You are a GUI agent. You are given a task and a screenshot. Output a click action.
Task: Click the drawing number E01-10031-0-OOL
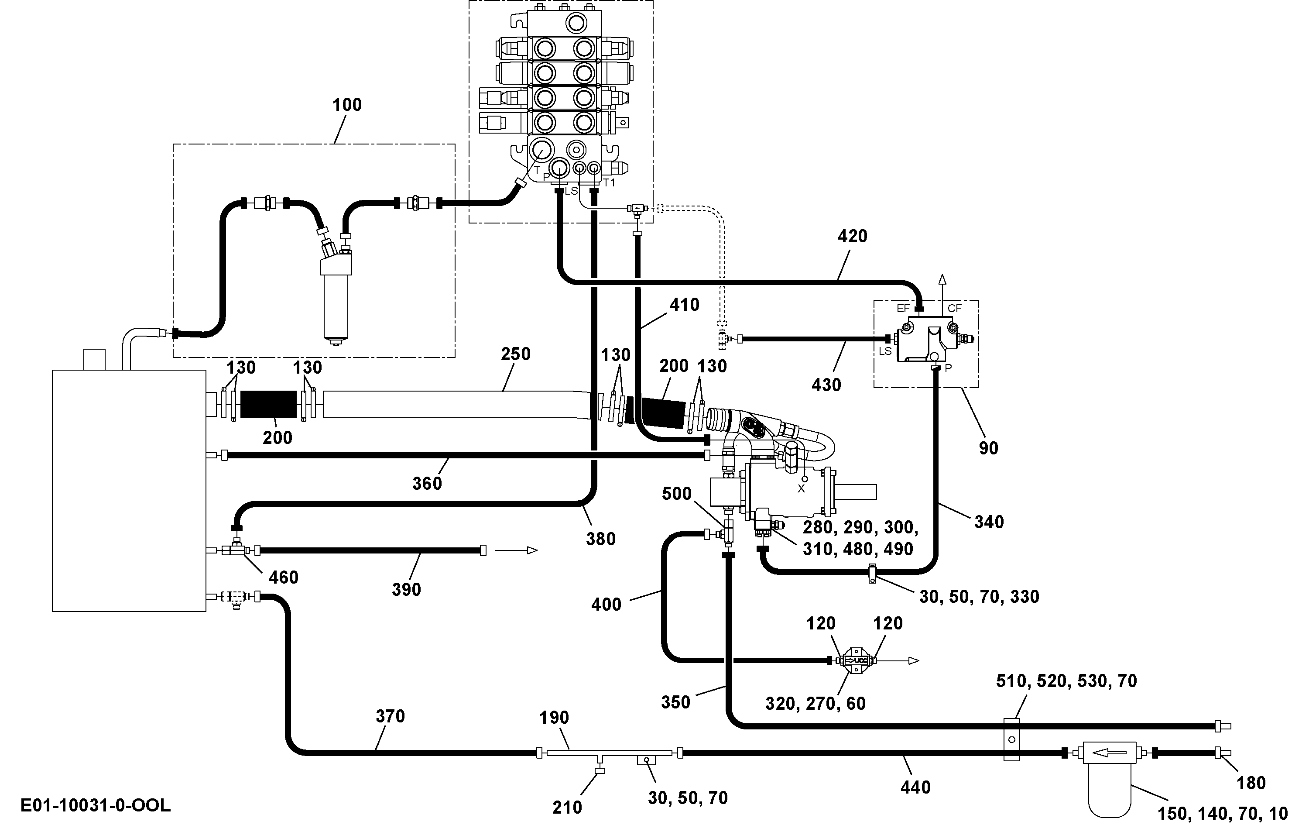click(96, 805)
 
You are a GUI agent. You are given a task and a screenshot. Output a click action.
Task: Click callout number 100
click(347, 104)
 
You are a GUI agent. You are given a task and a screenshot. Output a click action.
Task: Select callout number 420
click(852, 236)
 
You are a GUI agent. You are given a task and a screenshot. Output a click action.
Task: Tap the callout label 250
click(515, 354)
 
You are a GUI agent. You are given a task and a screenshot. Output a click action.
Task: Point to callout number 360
click(427, 484)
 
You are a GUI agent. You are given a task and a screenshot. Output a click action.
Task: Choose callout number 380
click(601, 539)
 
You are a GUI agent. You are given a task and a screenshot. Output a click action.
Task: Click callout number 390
click(407, 590)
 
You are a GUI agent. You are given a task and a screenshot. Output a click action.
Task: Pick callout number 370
click(391, 716)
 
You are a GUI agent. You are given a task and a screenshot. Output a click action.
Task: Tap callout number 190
click(554, 718)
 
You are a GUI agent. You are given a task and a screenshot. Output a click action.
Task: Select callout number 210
click(567, 808)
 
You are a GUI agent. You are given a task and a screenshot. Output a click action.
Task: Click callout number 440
click(915, 787)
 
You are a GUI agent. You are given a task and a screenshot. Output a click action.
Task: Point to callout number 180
click(1251, 783)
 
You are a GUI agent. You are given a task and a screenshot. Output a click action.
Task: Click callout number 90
click(989, 448)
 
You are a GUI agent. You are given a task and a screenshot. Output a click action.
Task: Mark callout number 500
click(677, 494)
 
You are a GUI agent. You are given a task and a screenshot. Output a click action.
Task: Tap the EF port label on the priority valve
click(903, 308)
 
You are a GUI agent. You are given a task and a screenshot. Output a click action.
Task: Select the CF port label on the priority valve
click(955, 308)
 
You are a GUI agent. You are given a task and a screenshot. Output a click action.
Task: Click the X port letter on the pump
click(801, 489)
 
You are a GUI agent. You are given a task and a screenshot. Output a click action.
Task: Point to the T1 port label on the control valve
click(610, 183)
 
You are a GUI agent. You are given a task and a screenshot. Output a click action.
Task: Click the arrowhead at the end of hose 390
click(533, 550)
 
